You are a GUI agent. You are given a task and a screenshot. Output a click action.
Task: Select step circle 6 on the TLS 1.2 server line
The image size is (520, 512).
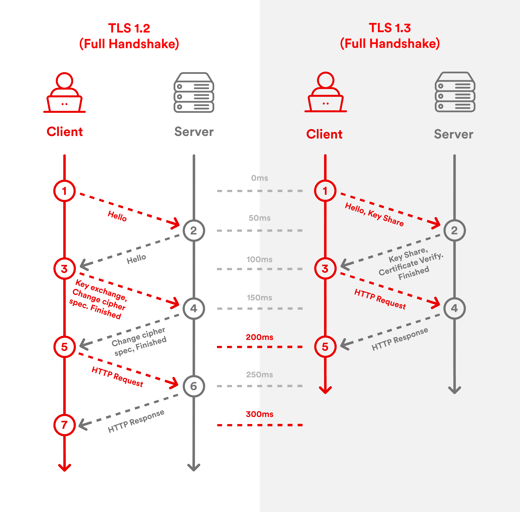tap(194, 386)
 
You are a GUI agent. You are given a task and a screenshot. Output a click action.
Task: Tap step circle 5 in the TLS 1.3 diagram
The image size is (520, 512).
tap(325, 347)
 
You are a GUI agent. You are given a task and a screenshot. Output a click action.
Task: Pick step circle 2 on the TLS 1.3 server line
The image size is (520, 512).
tap(454, 230)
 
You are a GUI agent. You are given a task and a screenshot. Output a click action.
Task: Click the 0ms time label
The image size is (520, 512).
tap(259, 178)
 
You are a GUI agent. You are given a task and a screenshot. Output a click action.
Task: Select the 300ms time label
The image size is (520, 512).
tap(259, 414)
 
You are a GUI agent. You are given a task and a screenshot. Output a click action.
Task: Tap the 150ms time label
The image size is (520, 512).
tap(259, 298)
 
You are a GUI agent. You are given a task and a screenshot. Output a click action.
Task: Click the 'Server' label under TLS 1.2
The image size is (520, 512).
tap(194, 132)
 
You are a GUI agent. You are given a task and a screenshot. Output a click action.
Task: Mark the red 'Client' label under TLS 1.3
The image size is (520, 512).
tap(324, 134)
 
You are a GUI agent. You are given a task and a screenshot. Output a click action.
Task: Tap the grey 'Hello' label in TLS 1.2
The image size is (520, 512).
tap(136, 259)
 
